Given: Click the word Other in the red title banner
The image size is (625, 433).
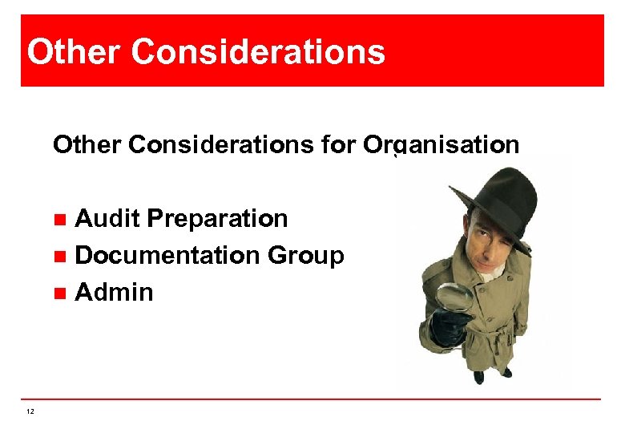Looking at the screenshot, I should [x=73, y=52].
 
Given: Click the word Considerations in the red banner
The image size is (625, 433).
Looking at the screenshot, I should [x=258, y=52].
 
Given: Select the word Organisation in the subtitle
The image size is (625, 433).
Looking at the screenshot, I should [x=441, y=145].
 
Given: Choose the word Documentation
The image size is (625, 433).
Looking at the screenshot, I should [x=167, y=255].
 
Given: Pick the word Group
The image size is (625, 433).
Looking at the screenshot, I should [x=305, y=255].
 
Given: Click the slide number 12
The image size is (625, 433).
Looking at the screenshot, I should [x=30, y=411].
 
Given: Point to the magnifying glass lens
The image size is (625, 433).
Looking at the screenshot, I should [x=455, y=299].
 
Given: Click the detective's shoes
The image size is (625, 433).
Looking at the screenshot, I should [x=492, y=374].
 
